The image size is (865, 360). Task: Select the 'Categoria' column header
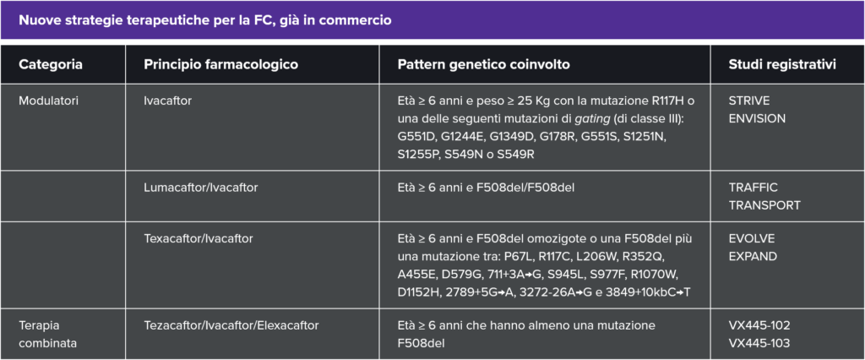[x=51, y=64]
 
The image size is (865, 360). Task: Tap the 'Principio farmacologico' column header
[x=221, y=64]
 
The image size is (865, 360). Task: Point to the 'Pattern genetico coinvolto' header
[x=484, y=64]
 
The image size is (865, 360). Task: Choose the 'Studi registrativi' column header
[x=782, y=64]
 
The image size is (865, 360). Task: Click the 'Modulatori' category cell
[x=48, y=101]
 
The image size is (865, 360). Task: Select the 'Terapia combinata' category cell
[x=48, y=334]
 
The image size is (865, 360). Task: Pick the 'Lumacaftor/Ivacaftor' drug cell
[x=201, y=188]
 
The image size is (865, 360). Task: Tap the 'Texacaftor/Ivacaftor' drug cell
[x=199, y=238]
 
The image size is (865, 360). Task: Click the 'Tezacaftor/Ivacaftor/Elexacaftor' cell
[x=231, y=325]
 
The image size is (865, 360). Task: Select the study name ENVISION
[x=757, y=118]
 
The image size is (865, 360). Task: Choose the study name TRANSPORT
[x=764, y=205]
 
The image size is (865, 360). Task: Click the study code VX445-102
[x=759, y=325]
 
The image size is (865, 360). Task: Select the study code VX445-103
[x=759, y=343]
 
